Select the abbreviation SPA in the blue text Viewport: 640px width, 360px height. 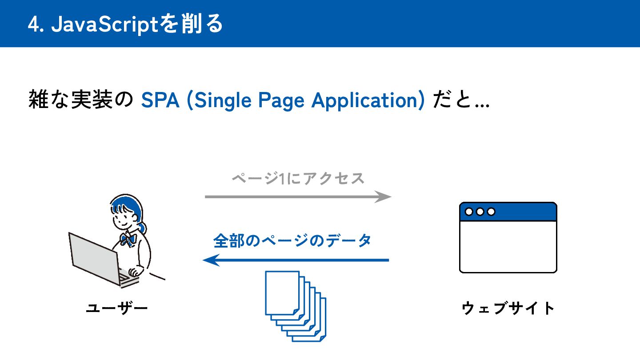(160, 100)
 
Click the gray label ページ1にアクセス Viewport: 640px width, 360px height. (298, 179)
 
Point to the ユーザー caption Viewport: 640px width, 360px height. (116, 308)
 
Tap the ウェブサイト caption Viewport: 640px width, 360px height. (508, 308)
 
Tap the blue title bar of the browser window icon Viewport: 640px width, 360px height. (524, 212)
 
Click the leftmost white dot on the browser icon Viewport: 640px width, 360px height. (469, 212)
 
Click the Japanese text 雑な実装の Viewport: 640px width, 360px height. (80, 100)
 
